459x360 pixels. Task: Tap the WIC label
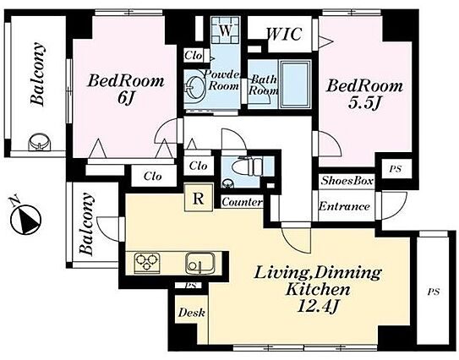tap(284, 34)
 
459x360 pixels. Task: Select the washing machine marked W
tap(226, 30)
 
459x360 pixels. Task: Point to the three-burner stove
tap(147, 263)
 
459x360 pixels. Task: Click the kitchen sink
tap(200, 263)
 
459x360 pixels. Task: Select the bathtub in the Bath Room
tap(295, 84)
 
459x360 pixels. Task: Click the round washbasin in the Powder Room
tap(193, 88)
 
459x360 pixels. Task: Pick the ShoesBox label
tap(347, 181)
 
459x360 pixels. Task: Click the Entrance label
tap(344, 206)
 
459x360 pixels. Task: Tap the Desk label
tap(192, 313)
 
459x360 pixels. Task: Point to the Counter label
tap(242, 202)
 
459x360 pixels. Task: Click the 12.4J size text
tap(318, 307)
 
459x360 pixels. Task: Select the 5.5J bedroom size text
tap(364, 103)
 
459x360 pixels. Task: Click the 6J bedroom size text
tap(126, 98)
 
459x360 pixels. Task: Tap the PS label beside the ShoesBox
tap(396, 169)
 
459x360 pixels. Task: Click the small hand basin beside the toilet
tap(227, 183)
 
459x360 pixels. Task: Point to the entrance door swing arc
tap(396, 210)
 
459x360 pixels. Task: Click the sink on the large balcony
tap(40, 143)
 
